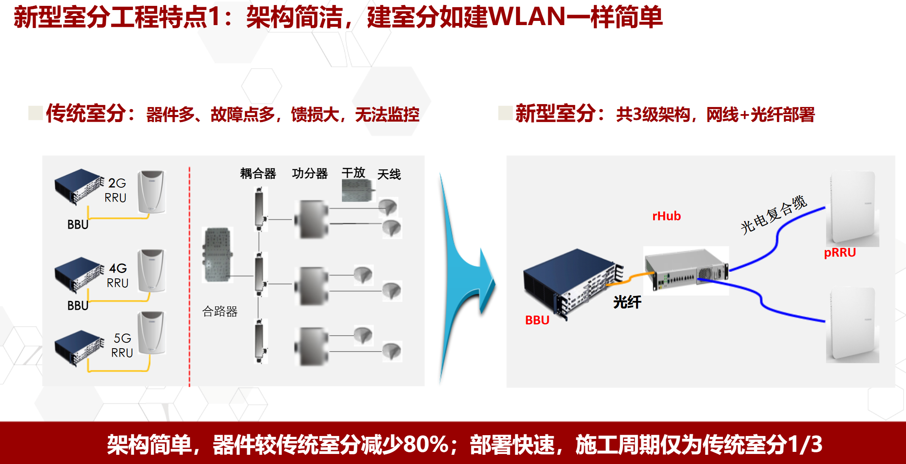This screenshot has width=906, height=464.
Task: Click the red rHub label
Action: click(667, 216)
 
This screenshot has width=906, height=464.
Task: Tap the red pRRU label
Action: click(840, 252)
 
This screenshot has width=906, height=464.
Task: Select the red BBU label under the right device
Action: click(537, 320)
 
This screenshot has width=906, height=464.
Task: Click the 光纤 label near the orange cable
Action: click(627, 302)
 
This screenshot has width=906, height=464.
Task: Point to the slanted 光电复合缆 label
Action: click(774, 214)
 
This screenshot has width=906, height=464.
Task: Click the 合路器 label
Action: click(220, 311)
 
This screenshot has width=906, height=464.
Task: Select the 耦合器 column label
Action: click(258, 173)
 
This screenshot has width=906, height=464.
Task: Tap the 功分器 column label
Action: click(310, 173)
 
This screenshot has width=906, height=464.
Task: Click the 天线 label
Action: click(389, 174)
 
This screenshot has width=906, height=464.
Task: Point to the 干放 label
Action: click(353, 173)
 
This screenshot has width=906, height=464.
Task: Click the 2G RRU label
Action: click(116, 190)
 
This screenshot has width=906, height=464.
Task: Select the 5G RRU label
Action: click(122, 345)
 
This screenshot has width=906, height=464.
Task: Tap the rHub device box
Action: click(685, 270)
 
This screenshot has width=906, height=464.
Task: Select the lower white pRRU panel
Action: click(853, 324)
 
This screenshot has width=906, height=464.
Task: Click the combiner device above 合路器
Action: click(217, 255)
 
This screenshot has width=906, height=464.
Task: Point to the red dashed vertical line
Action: click(189, 276)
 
